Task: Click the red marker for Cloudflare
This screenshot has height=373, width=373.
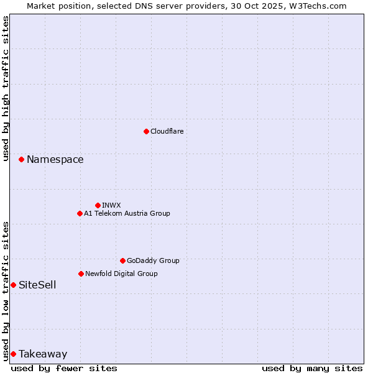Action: pyautogui.click(x=146, y=131)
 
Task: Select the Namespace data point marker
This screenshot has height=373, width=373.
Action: pyautogui.click(x=21, y=160)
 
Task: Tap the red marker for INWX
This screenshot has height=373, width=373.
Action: pyautogui.click(x=98, y=205)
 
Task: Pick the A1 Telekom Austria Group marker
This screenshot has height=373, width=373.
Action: pyautogui.click(x=80, y=213)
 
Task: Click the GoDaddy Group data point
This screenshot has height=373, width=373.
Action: pyautogui.click(x=122, y=260)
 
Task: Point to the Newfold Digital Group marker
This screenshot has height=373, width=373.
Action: pyautogui.click(x=81, y=274)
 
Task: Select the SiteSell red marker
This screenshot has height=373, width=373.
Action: pyautogui.click(x=13, y=285)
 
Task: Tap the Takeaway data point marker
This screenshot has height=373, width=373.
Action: pyautogui.click(x=13, y=354)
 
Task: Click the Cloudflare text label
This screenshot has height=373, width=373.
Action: pyautogui.click(x=167, y=131)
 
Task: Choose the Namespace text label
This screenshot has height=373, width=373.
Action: pyautogui.click(x=55, y=160)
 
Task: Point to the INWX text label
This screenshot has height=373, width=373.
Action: pyautogui.click(x=111, y=205)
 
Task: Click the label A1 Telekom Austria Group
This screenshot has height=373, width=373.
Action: pyautogui.click(x=127, y=213)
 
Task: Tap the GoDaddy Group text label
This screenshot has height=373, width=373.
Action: pyautogui.click(x=153, y=260)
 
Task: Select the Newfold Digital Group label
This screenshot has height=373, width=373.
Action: pyautogui.click(x=121, y=274)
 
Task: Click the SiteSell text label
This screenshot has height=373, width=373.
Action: pyautogui.click(x=37, y=285)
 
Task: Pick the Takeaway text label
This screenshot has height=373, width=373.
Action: pyautogui.click(x=43, y=354)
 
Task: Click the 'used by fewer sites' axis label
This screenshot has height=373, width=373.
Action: pyautogui.click(x=64, y=368)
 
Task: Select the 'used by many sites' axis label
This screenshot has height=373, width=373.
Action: pyautogui.click(x=312, y=368)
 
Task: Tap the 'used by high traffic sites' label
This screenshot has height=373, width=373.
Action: pyautogui.click(x=6, y=88)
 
